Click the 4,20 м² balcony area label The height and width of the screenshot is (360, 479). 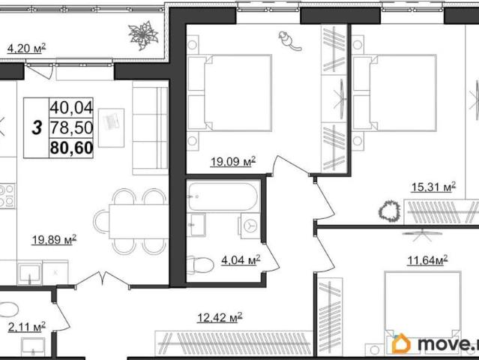[26, 48]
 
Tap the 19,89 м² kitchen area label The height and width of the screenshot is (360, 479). [54, 239]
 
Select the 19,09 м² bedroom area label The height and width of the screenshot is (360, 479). [233, 161]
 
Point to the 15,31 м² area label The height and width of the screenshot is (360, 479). [433, 187]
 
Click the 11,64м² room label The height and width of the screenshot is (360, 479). [428, 260]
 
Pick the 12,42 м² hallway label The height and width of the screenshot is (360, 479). [220, 317]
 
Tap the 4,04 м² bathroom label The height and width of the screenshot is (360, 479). [241, 260]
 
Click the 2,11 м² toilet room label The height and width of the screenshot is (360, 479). [27, 327]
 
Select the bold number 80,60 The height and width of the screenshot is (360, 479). [71, 148]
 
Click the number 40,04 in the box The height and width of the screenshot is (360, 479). [71, 107]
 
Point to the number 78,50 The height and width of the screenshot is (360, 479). [71, 127]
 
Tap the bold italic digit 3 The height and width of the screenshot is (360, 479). [37, 127]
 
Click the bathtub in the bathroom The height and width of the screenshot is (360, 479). [223, 196]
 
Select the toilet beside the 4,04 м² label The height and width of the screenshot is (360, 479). [200, 265]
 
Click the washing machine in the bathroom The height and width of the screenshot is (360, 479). [250, 226]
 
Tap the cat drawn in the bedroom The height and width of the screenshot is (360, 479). [289, 40]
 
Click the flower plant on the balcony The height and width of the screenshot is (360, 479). [143, 35]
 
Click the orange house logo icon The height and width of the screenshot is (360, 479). [401, 343]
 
